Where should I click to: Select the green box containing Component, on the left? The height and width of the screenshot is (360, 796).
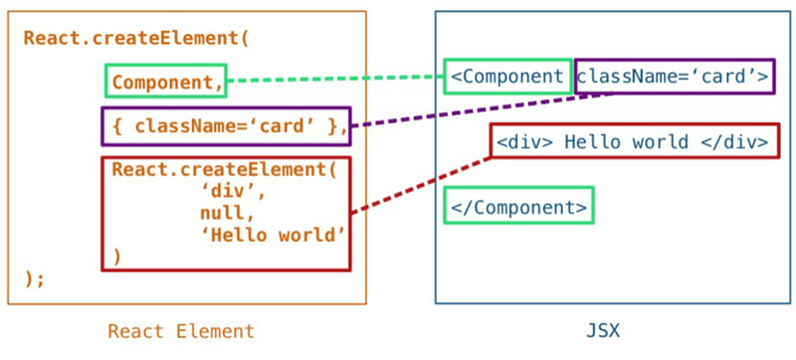[166, 82]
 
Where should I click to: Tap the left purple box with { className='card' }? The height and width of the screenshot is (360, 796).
[226, 126]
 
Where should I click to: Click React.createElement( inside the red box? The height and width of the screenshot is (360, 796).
[225, 169]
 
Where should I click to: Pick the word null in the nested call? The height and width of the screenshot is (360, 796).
[221, 213]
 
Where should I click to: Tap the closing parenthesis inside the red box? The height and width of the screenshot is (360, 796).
[116, 257]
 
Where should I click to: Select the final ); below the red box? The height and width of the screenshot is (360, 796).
[35, 279]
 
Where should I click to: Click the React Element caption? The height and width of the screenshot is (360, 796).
[181, 332]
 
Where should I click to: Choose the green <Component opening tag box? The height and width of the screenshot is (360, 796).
[507, 77]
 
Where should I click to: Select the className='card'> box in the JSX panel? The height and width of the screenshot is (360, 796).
[674, 77]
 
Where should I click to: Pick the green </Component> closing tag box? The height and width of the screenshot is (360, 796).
[518, 206]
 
